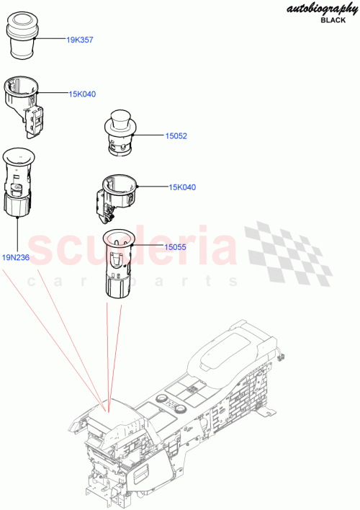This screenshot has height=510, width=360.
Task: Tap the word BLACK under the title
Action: click(332, 20)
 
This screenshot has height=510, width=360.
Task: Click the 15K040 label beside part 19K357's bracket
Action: click(82, 94)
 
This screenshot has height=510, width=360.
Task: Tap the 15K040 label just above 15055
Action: click(182, 187)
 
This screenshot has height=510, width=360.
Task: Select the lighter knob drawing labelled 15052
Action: click(119, 132)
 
